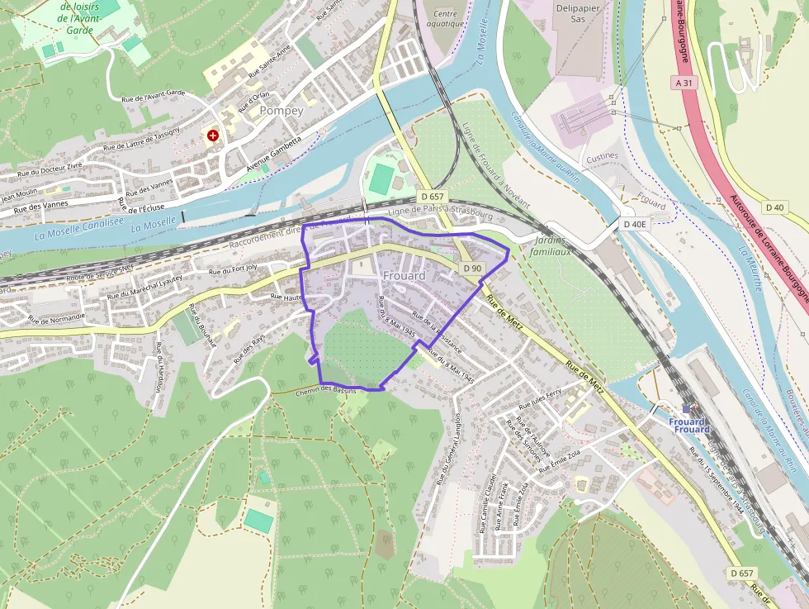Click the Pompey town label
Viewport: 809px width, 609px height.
281,110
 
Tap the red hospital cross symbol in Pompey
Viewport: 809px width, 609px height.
214,135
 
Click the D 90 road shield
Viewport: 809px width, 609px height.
471,268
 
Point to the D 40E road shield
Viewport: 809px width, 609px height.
634,224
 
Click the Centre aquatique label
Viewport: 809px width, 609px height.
445,19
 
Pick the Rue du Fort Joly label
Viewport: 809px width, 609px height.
233,269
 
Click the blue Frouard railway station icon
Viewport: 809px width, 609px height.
686,409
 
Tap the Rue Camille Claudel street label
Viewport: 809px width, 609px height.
488,503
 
